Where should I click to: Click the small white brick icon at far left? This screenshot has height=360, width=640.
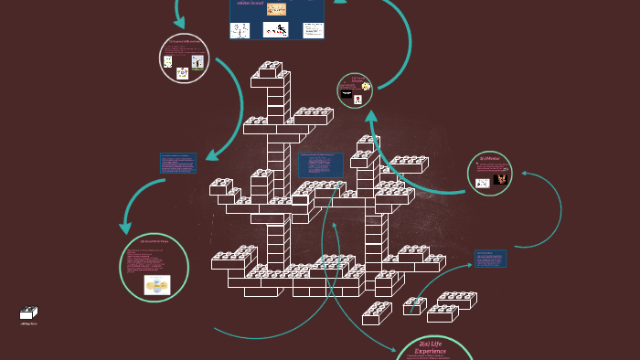tap(29, 313)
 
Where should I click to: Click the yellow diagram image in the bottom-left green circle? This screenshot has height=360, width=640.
tap(156, 285)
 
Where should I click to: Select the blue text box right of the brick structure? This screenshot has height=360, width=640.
tap(490, 259)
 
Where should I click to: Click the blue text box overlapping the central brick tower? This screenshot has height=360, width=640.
tap(320, 165)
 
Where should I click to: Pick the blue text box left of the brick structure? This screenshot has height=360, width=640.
tap(177, 164)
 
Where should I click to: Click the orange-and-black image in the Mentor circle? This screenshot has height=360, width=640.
tap(500, 180)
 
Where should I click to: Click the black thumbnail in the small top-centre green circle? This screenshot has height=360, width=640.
tap(347, 93)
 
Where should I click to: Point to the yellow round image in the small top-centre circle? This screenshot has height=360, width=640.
tap(366, 87)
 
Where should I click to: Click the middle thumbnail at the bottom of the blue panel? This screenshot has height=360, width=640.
tap(276, 29)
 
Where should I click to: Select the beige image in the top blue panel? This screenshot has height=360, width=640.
tap(274, 8)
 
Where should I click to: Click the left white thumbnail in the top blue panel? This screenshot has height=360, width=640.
tap(241, 29)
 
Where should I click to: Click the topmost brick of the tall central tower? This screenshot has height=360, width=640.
tap(271, 69)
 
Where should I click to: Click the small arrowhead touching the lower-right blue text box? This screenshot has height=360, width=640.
tap(470, 265)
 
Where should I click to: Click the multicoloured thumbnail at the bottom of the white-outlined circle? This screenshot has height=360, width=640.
tap(183, 73)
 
